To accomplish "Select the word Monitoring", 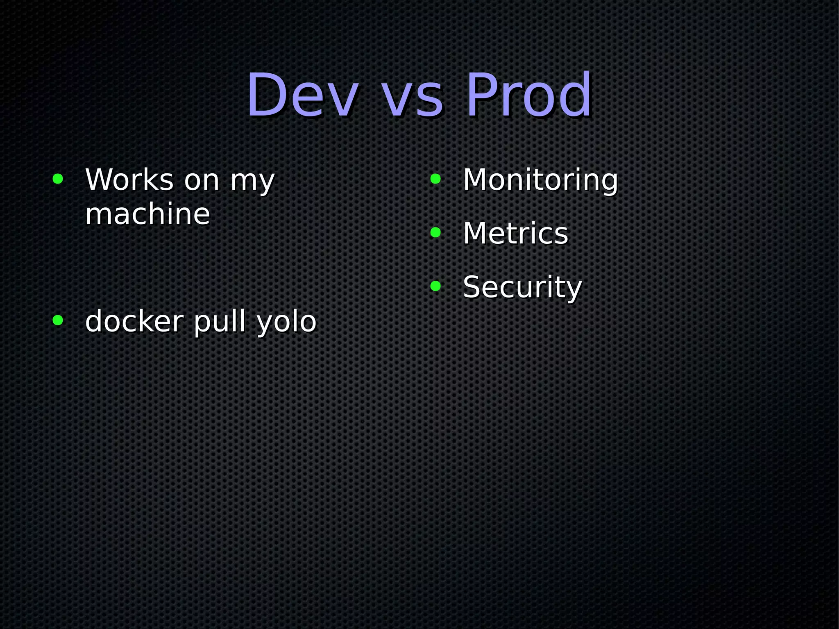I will click(x=540, y=180).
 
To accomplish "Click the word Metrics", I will click(x=515, y=233).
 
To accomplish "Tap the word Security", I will click(x=522, y=287).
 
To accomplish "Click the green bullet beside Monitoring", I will click(x=435, y=179).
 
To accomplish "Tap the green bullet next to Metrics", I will click(x=435, y=232).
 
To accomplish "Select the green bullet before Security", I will click(x=435, y=286).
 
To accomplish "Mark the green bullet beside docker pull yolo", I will click(x=58, y=320).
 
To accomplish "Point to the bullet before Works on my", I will click(x=58, y=179).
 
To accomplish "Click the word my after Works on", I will click(x=252, y=182).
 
